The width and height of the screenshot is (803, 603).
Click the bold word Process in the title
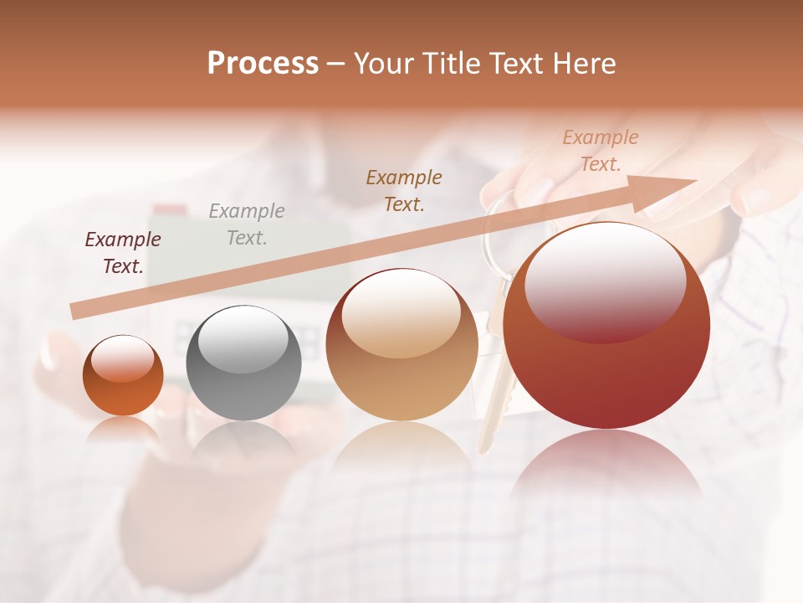(263, 64)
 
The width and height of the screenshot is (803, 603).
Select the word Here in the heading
(586, 64)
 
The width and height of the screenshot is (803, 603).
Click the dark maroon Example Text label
(123, 253)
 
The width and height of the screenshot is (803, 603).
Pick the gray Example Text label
(247, 224)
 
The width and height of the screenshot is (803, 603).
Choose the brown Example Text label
(404, 190)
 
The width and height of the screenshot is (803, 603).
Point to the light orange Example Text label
(600, 151)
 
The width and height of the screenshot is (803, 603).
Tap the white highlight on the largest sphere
(605, 281)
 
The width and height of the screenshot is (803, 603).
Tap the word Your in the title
(385, 64)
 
